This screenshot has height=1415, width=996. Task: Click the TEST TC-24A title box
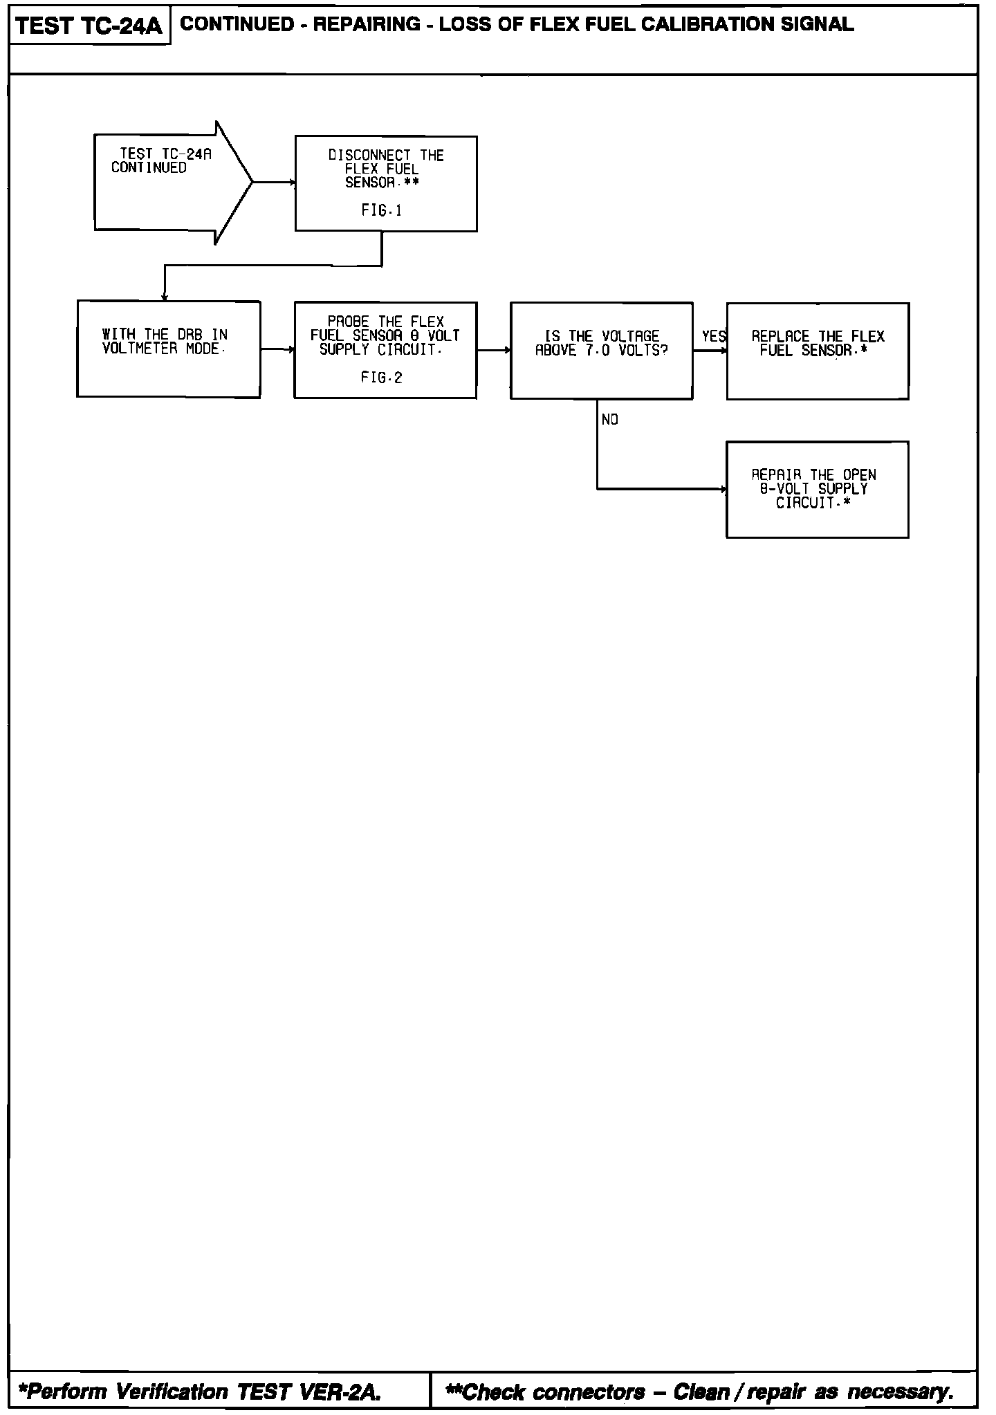coord(89,26)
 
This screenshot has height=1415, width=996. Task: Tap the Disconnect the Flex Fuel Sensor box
coord(386,183)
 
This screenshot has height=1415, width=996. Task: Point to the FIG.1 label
coord(381,210)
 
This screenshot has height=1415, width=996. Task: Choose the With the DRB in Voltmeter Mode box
coord(169,349)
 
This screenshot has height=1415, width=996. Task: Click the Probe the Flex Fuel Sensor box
coord(385,350)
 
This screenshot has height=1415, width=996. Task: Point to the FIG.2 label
coord(381,378)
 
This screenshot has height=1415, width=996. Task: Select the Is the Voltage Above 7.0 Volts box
coord(601,351)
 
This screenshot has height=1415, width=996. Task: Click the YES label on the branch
coord(713,337)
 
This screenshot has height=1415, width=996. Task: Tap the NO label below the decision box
coord(610,420)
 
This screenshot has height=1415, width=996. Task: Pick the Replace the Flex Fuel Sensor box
coord(818,351)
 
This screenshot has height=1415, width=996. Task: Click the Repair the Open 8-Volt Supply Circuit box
coord(817,490)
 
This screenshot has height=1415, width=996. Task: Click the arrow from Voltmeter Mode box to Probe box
coord(277,350)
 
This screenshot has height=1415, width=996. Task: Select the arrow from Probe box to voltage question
coord(493,350)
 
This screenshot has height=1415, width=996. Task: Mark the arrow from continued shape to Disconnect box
coord(274,183)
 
